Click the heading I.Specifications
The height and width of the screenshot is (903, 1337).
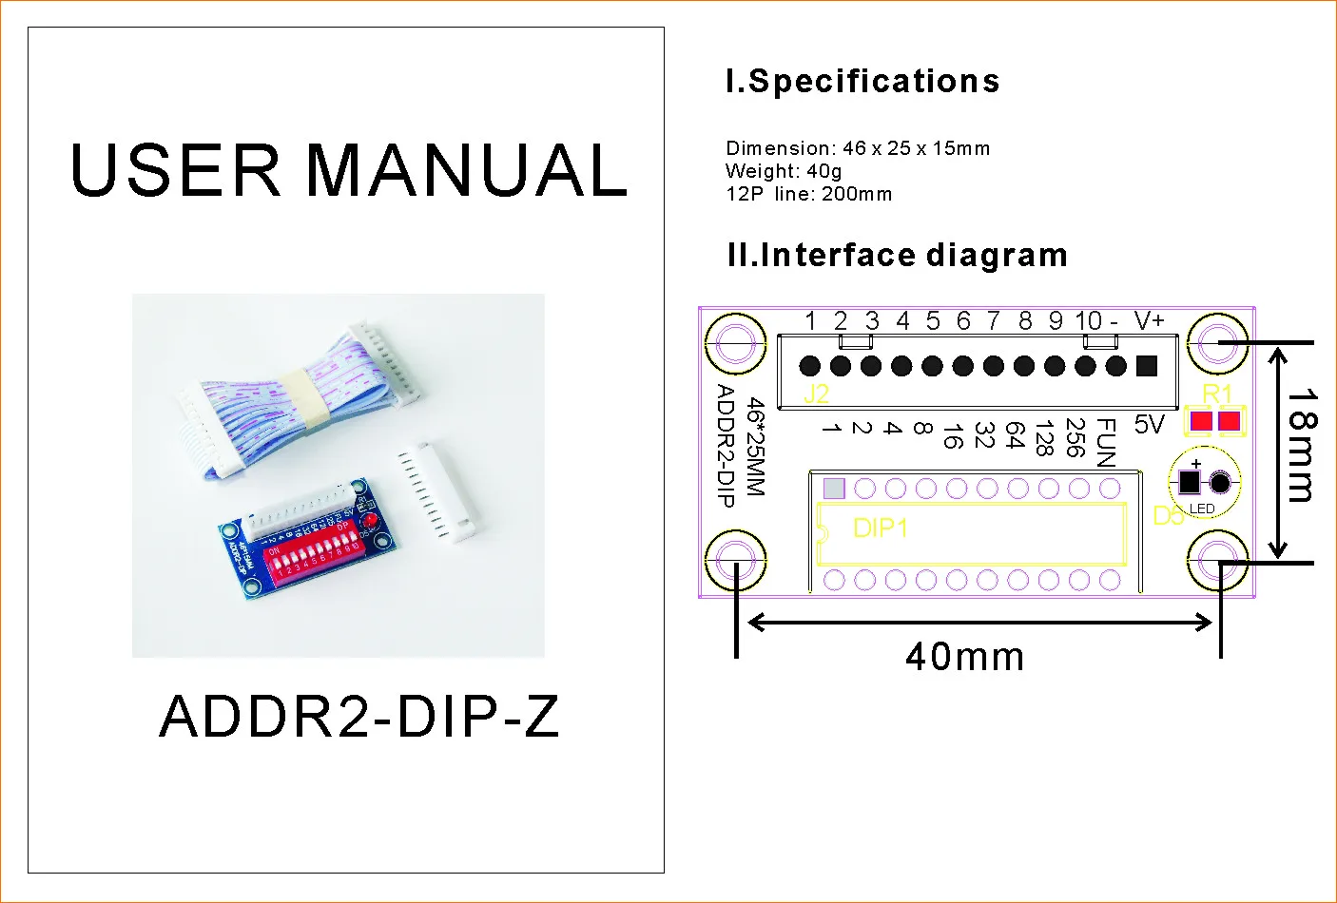[862, 81]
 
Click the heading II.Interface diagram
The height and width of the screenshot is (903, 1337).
[897, 255]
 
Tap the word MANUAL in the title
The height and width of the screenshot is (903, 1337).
[467, 171]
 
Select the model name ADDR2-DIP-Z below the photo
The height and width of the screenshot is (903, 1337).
[359, 717]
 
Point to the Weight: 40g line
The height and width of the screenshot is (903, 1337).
[784, 171]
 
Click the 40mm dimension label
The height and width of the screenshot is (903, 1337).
[964, 657]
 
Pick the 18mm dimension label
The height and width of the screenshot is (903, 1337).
[1302, 445]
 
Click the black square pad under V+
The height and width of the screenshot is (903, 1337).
[1147, 365]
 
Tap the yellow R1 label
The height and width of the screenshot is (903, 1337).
[1216, 394]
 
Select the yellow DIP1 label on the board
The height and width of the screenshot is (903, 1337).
[881, 528]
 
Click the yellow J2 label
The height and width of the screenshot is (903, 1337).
[816, 394]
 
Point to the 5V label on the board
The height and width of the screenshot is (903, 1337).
[1149, 425]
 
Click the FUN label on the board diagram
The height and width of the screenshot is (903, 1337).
[1106, 443]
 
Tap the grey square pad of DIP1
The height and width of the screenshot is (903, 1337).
[834, 489]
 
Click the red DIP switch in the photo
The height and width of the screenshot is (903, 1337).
[313, 560]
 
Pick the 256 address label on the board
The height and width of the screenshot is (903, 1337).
[1075, 437]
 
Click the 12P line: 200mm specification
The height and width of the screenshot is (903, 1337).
[808, 194]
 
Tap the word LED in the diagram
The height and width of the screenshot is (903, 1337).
[1202, 509]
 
